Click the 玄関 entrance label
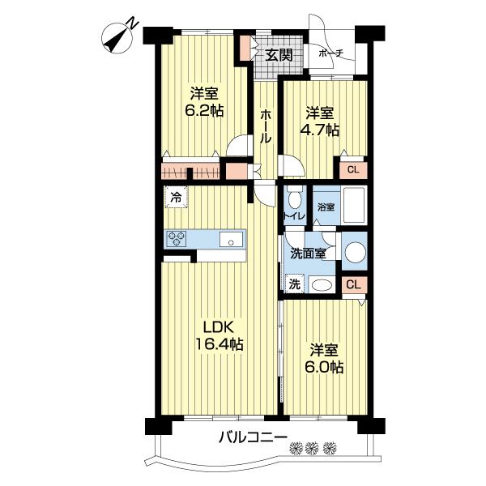click(279, 55)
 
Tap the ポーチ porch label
click(330, 53)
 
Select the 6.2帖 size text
click(203, 110)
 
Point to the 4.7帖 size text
click(319, 130)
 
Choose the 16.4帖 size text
click(220, 344)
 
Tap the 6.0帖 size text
click(324, 367)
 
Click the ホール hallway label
click(266, 126)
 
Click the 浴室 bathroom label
click(326, 207)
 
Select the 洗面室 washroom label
click(308, 254)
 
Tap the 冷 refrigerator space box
click(176, 197)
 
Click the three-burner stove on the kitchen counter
click(177, 238)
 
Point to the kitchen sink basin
click(231, 239)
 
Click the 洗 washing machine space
click(295, 284)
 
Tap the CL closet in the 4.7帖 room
click(353, 170)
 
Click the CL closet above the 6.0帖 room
click(354, 284)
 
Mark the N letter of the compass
click(134, 23)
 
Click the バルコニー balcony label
click(253, 437)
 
